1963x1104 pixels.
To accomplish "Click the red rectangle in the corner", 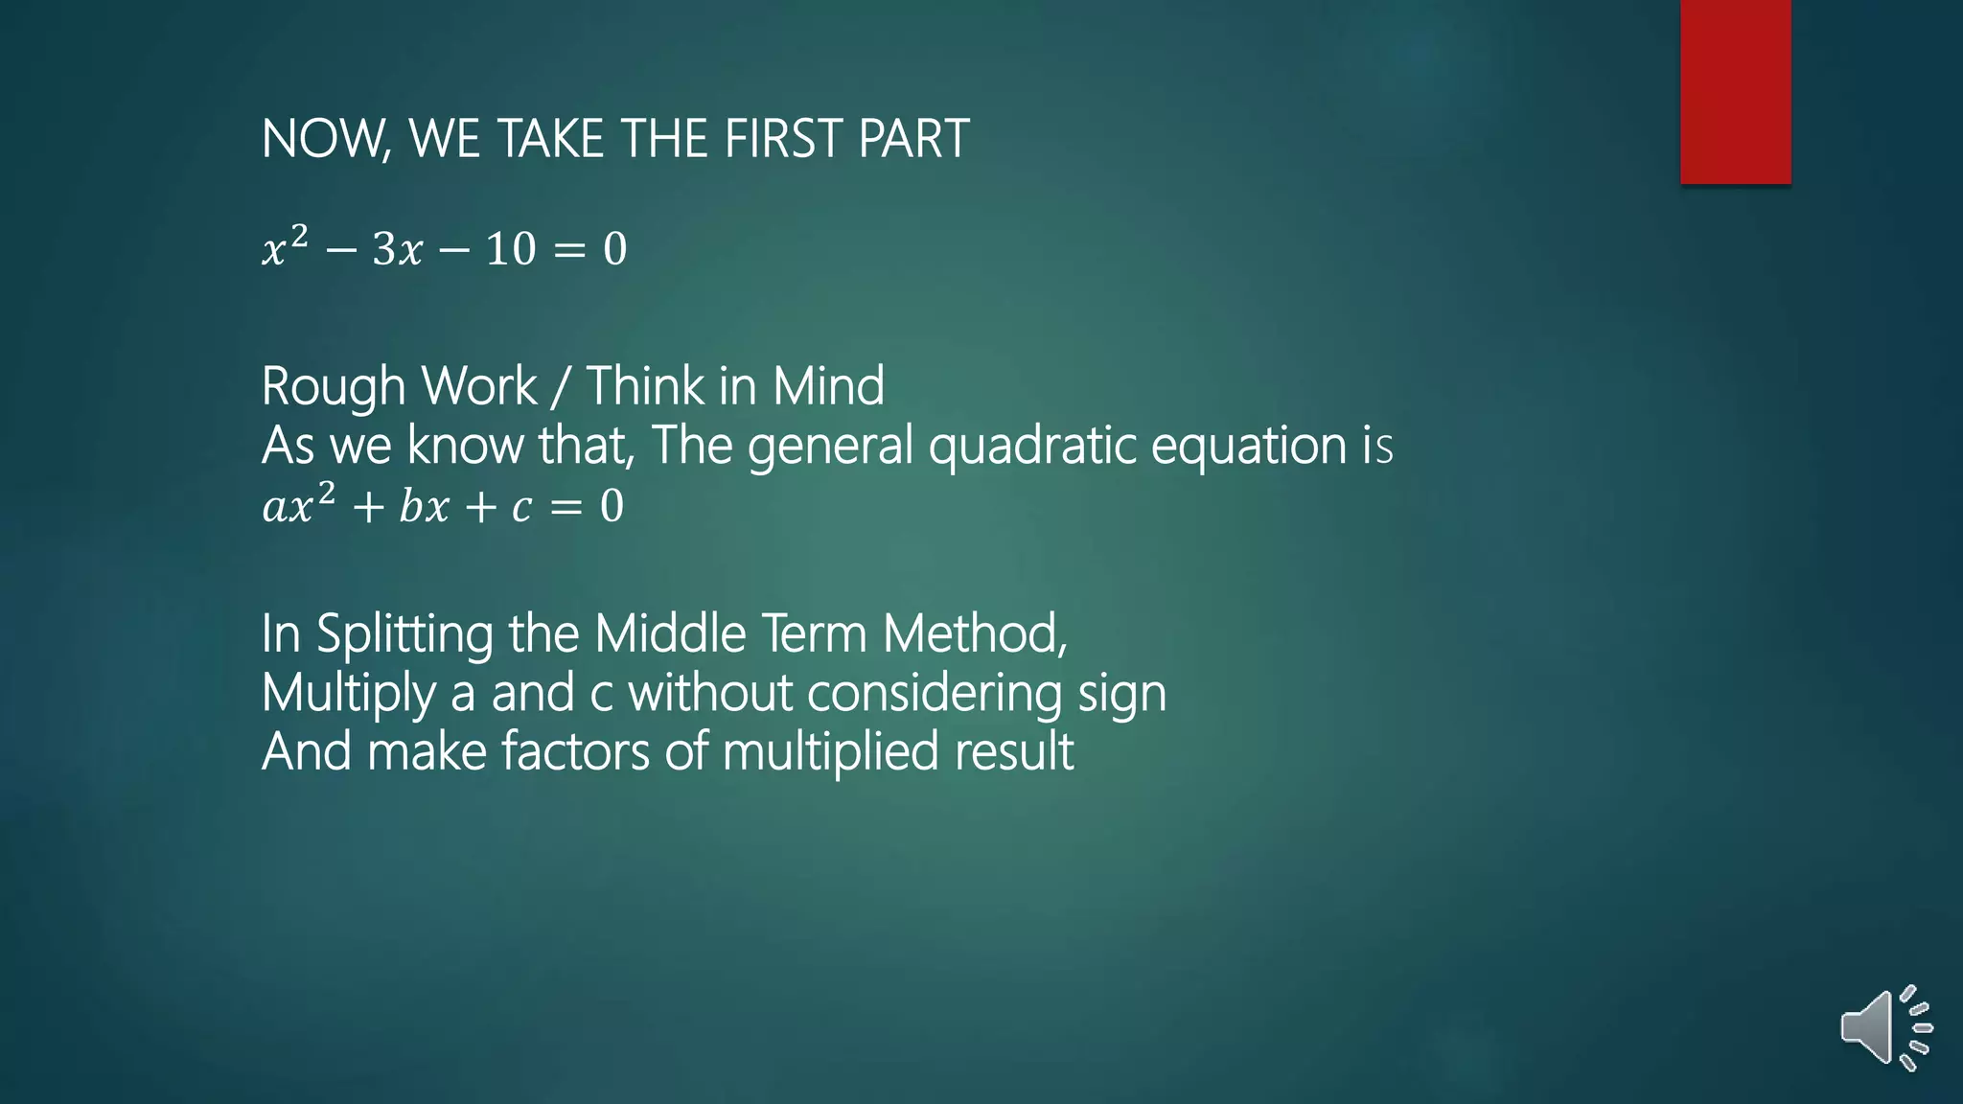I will pos(1735,91).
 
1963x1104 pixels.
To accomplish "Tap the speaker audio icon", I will pos(1884,1027).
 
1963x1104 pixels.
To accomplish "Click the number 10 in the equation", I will pos(510,250).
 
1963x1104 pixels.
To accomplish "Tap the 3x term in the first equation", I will pos(397,250).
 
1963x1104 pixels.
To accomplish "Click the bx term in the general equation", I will pos(424,507).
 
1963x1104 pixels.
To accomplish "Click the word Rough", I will pos(334,387).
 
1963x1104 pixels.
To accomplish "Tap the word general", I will pos(830,447).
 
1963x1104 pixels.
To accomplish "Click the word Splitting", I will pos(404,634).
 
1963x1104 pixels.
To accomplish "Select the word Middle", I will pos(670,633).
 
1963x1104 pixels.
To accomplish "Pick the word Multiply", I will pos(348,694).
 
